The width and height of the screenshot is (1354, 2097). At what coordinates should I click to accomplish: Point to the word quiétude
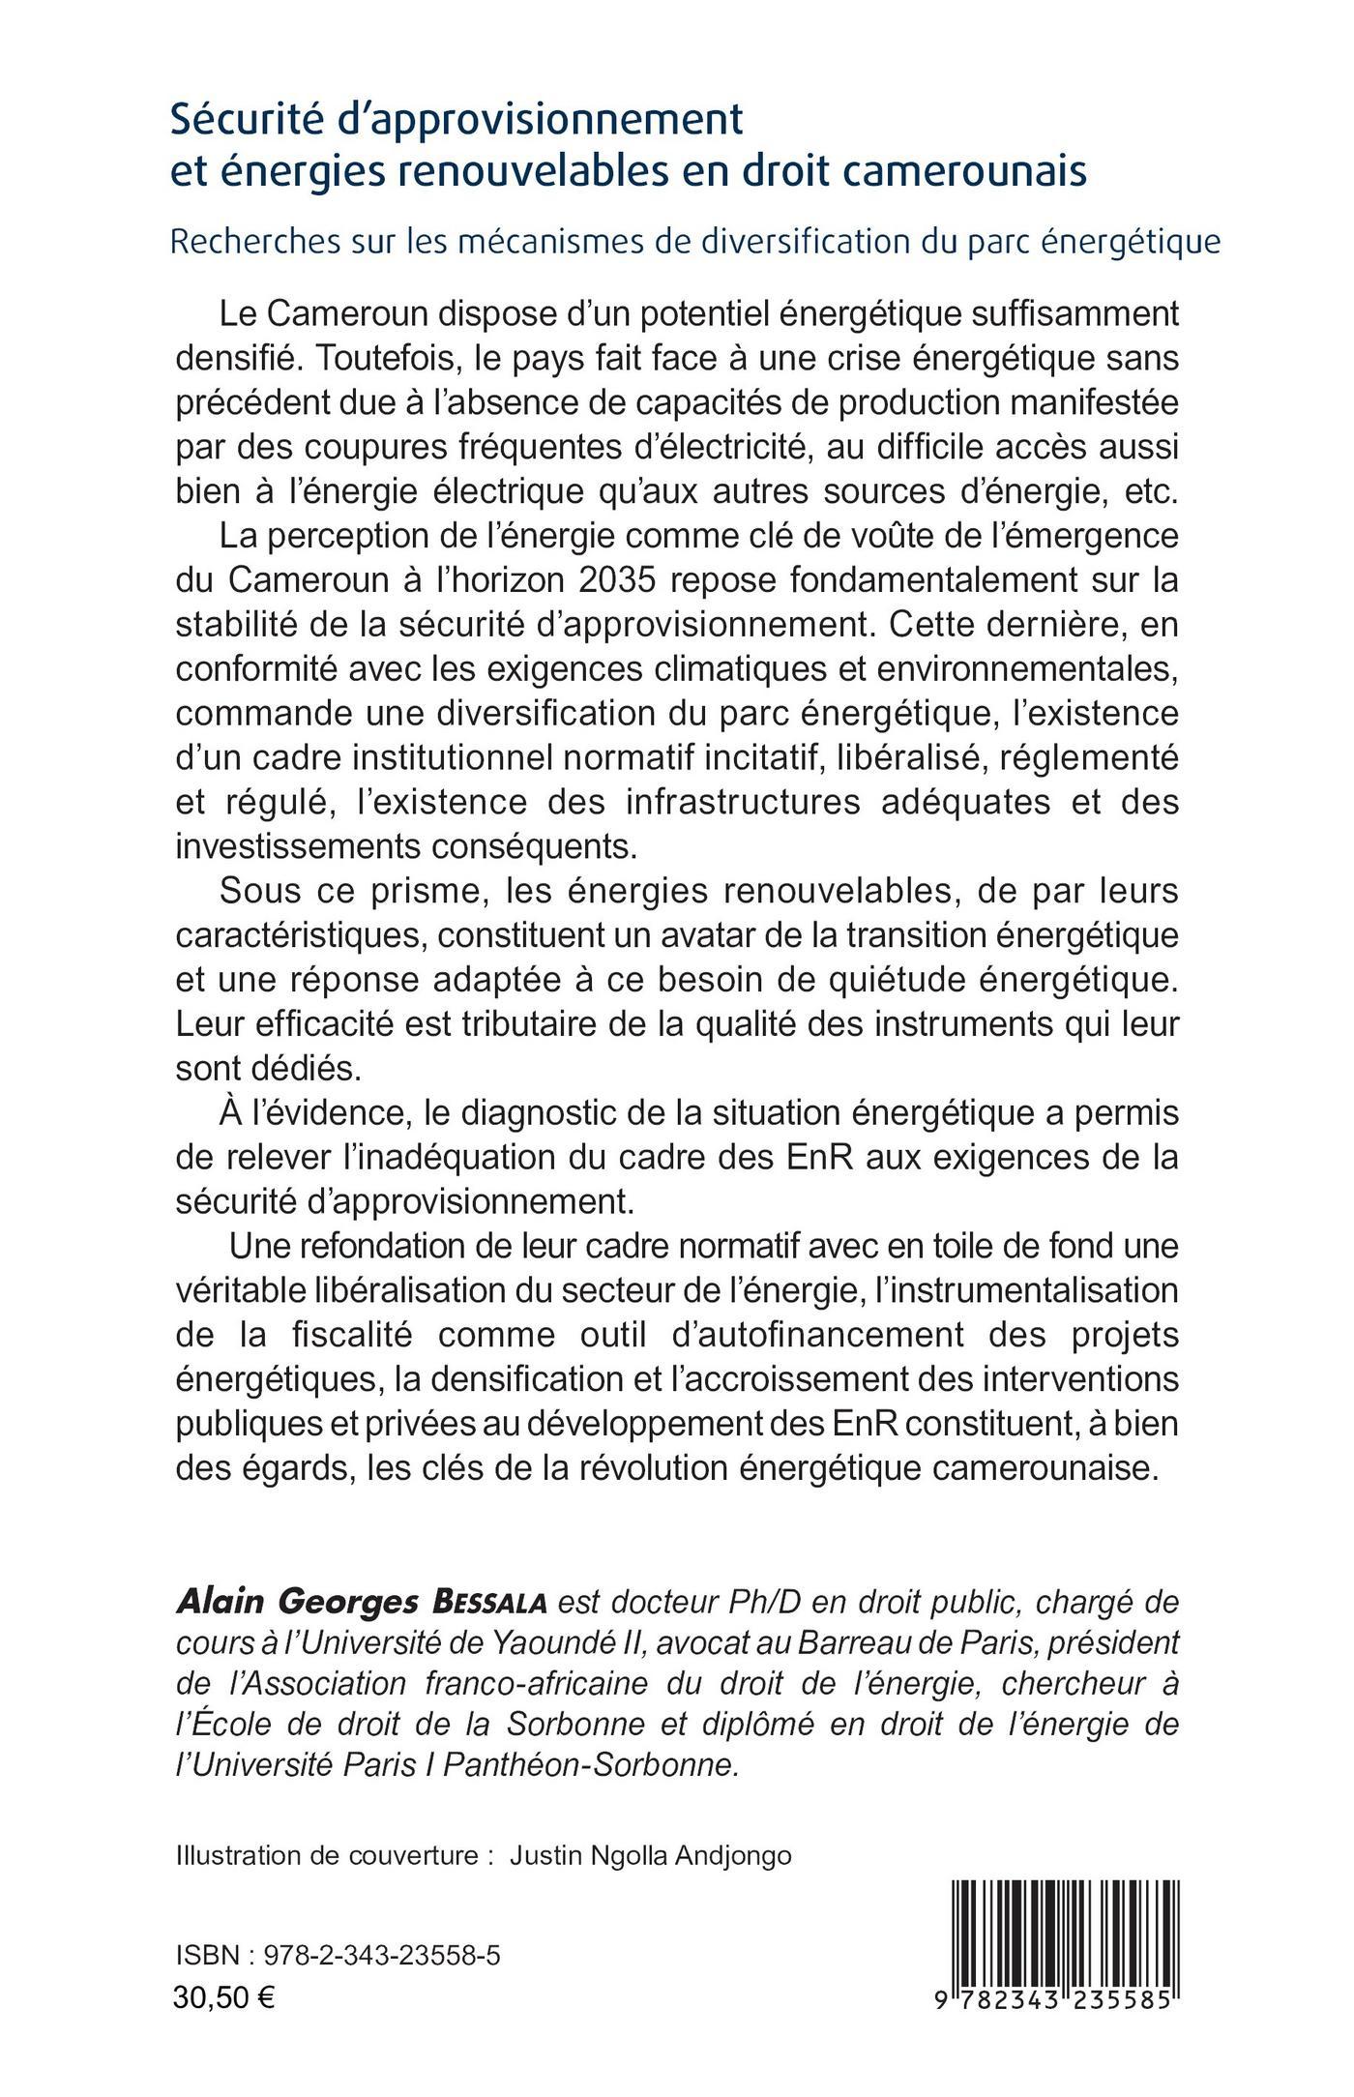[889, 980]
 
